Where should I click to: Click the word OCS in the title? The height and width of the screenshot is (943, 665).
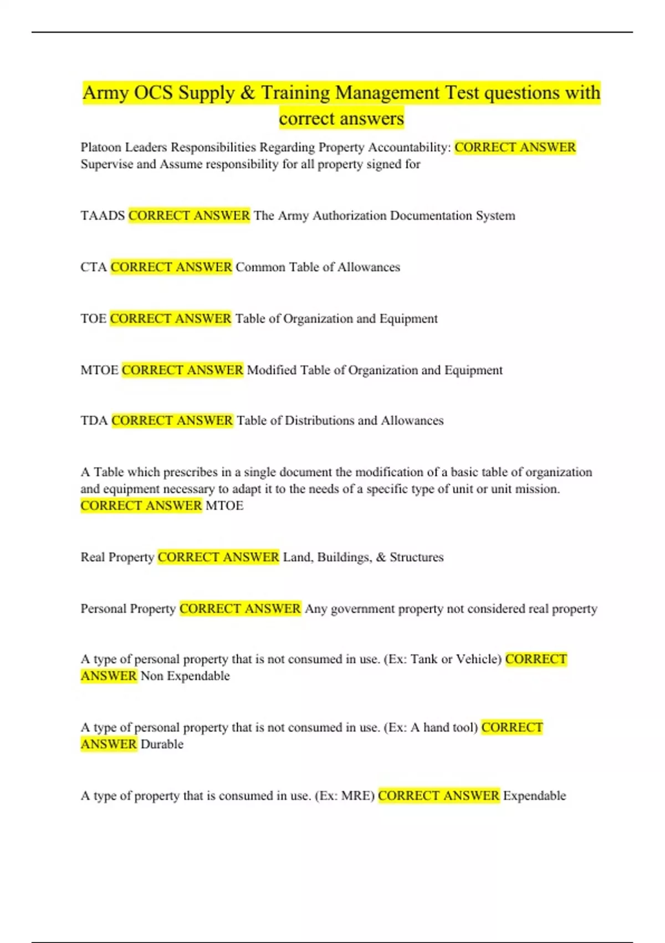[x=153, y=93]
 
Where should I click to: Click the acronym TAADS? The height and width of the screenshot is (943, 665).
[x=103, y=215]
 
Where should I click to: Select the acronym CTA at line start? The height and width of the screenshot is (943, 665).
[x=94, y=267]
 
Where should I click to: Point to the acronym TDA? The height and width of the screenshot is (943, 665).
[x=94, y=420]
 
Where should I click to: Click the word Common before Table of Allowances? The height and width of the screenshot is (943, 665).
[x=260, y=267]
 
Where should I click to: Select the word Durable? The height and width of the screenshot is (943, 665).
[x=162, y=744]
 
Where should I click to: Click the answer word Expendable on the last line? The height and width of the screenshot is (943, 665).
[x=534, y=795]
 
